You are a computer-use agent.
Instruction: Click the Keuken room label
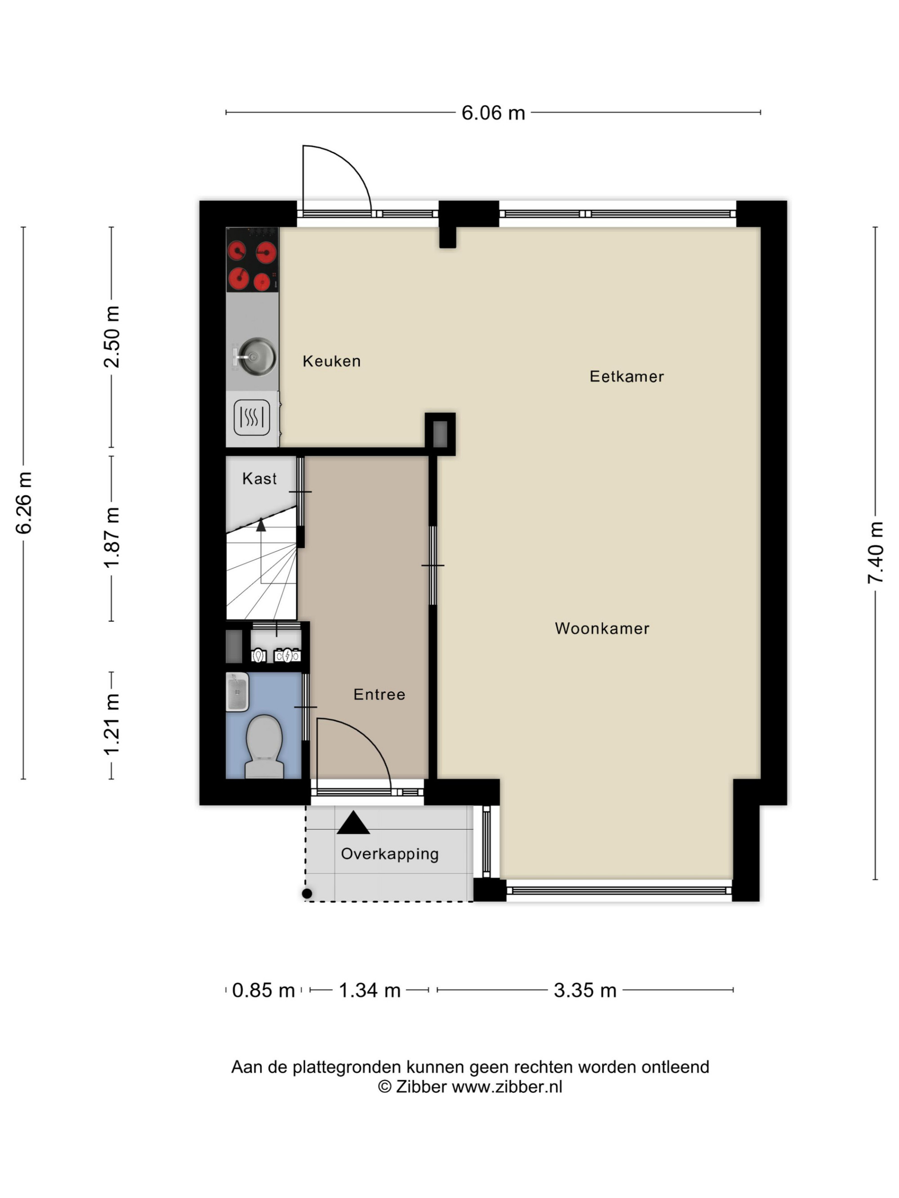[x=331, y=361]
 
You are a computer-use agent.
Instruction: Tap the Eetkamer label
[x=627, y=376]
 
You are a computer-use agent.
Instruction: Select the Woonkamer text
[x=602, y=628]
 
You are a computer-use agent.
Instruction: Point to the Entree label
[x=379, y=694]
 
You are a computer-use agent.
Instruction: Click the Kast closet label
[x=259, y=479]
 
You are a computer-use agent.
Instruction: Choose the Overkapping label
[x=390, y=854]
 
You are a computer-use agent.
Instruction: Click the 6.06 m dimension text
[x=493, y=113]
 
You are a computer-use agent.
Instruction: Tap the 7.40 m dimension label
[x=875, y=553]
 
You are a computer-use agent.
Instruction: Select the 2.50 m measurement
[x=111, y=337]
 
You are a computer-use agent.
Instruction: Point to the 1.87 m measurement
[x=111, y=538]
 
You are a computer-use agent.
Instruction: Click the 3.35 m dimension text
[x=585, y=990]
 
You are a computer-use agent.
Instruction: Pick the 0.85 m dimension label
[x=263, y=990]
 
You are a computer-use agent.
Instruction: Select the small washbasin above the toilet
[x=237, y=692]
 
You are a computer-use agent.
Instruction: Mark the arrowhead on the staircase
[x=261, y=524]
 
